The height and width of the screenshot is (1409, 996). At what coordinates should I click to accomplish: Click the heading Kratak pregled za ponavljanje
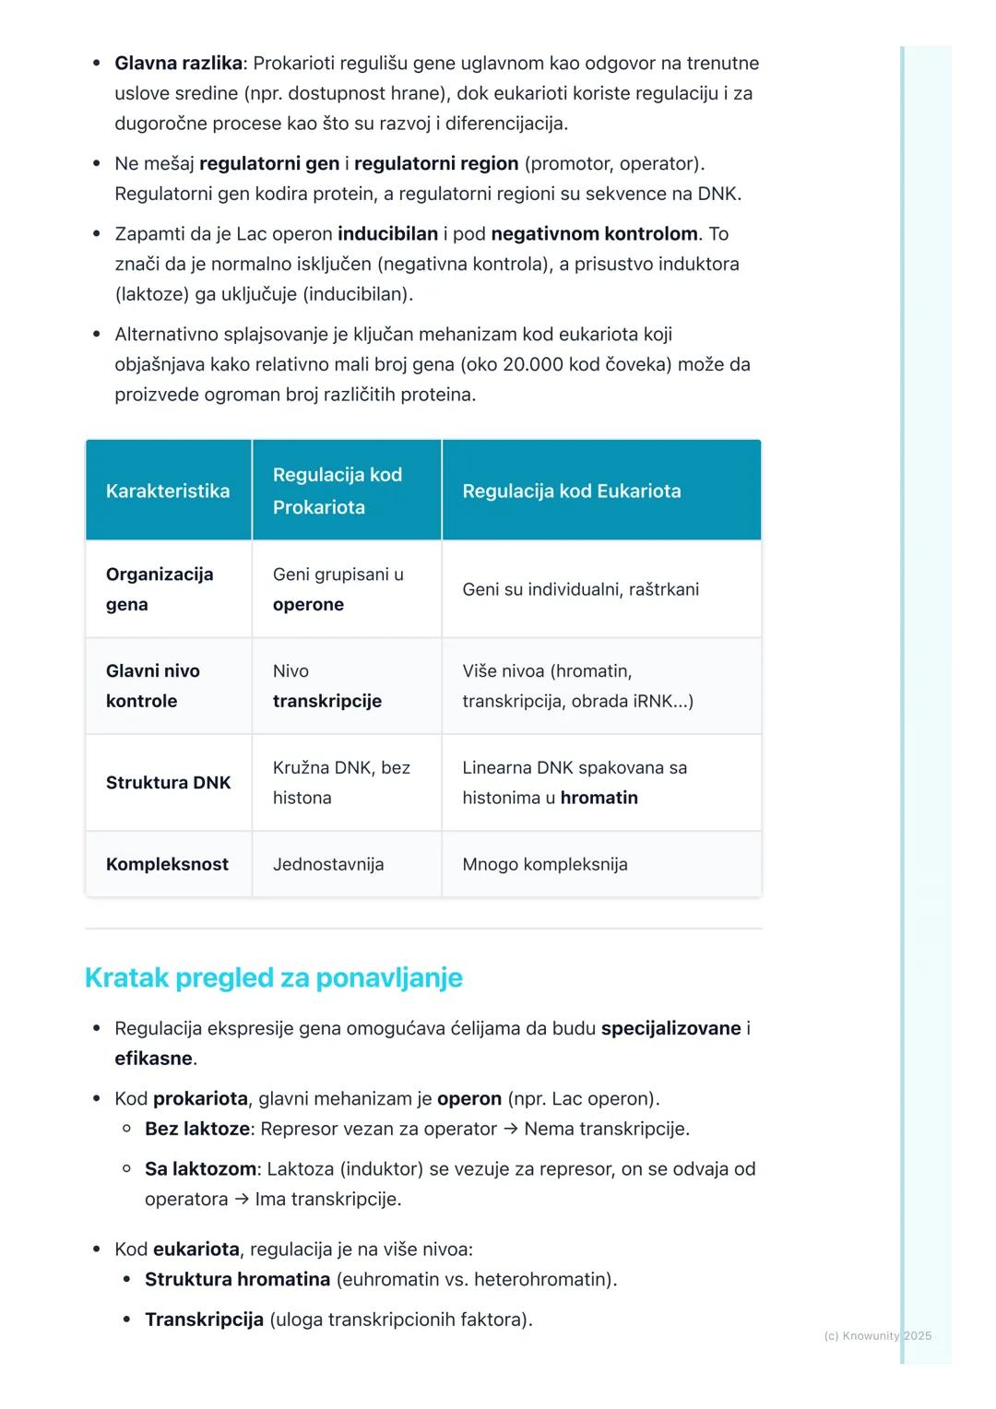[x=273, y=977]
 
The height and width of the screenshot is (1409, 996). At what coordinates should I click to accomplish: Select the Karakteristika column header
[x=168, y=491]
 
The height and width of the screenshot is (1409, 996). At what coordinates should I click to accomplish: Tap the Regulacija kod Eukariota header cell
[x=571, y=491]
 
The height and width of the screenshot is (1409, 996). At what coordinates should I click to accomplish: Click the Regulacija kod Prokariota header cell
[x=337, y=491]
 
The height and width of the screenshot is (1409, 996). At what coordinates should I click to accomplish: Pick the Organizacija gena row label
[x=159, y=588]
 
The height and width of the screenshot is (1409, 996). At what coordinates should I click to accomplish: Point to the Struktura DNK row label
[x=168, y=782]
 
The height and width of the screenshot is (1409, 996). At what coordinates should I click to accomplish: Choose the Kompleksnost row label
[x=167, y=864]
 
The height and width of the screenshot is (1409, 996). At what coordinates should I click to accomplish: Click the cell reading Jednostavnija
[x=327, y=864]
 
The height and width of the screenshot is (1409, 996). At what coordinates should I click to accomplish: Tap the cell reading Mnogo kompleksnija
[x=544, y=864]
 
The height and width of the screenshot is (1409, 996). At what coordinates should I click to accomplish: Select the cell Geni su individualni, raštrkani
[x=580, y=589]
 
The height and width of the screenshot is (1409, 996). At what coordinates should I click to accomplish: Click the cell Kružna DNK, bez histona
[x=340, y=782]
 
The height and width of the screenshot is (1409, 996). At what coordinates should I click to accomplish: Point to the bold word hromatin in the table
[x=599, y=798]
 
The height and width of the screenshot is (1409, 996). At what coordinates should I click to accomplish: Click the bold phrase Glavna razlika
[x=178, y=64]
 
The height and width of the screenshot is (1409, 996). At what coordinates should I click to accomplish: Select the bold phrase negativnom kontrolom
[x=594, y=234]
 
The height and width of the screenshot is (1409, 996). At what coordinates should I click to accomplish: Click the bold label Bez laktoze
[x=196, y=1129]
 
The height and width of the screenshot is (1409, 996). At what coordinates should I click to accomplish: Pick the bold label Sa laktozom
[x=200, y=1169]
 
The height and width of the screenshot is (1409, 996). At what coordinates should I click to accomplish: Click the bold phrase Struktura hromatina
[x=237, y=1279]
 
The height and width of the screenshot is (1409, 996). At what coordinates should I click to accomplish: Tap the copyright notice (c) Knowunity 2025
[x=877, y=1335]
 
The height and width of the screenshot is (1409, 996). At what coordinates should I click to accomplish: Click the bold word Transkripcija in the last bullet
[x=204, y=1320]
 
